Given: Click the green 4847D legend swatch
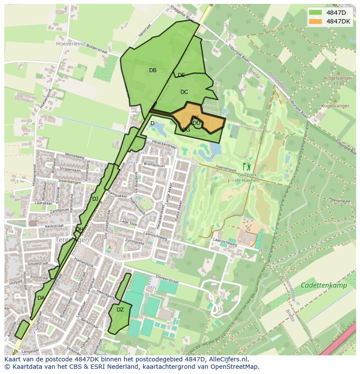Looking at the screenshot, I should click(316, 13).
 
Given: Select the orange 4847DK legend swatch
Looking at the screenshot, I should click(316, 21).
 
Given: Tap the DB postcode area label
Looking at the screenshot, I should click(153, 70).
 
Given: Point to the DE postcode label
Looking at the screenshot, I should click(181, 75).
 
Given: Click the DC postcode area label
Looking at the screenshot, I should click(184, 92).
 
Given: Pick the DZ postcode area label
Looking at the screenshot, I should click(120, 310).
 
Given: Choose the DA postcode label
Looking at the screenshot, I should click(41, 298).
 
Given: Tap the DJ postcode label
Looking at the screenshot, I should click(95, 199).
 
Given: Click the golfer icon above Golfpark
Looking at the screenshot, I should click(247, 166).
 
